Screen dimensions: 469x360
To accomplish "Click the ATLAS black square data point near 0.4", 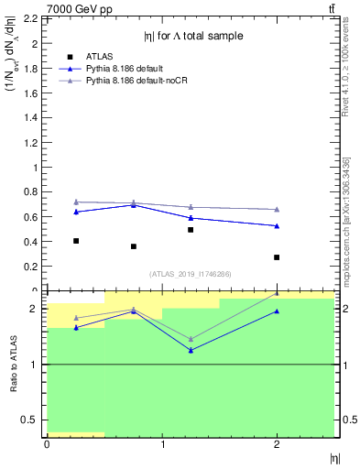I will click(x=76, y=241).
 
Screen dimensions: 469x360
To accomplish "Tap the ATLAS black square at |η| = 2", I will click(x=277, y=257).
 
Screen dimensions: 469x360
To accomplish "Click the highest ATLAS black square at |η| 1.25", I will click(x=191, y=230).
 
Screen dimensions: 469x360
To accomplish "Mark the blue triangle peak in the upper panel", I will click(x=134, y=205).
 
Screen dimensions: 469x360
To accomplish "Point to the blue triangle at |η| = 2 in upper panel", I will click(x=277, y=226).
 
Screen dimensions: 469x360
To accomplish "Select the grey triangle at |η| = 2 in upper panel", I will click(x=277, y=210).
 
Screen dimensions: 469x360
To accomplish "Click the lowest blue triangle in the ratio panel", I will click(x=191, y=351).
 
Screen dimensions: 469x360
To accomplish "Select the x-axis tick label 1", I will click(x=162, y=444).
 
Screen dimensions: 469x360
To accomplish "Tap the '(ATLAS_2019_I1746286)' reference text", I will click(x=190, y=273).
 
